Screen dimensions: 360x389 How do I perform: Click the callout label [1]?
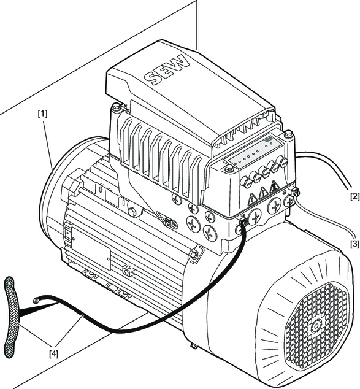pyautogui.click(x=42, y=114)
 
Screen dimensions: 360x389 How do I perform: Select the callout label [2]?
pyautogui.click(x=355, y=196)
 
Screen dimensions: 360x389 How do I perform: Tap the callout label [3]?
pyautogui.click(x=355, y=244)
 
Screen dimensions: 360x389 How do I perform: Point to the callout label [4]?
pyautogui.click(x=54, y=354)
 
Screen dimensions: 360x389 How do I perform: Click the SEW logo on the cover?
pyautogui.click(x=167, y=70)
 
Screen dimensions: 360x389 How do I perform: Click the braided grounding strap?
pyautogui.click(x=12, y=315)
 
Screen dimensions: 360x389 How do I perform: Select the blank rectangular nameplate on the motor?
pyautogui.click(x=91, y=248)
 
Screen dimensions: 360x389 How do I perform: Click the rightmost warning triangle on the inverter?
pyautogui.click(x=274, y=187)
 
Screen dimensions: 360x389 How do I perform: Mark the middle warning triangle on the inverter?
pyautogui.click(x=263, y=193)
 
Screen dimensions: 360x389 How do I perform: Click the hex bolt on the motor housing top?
pyautogui.click(x=132, y=211)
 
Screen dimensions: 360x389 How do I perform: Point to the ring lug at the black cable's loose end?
pyautogui.click(x=36, y=301)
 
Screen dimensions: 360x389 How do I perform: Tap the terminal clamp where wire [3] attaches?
pyautogui.click(x=295, y=192)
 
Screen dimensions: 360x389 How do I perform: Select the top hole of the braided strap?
pyautogui.click(x=10, y=282)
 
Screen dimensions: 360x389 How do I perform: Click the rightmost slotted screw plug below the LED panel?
pyautogui.click(x=284, y=161)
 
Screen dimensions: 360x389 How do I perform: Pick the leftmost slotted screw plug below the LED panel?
pyautogui.click(x=246, y=182)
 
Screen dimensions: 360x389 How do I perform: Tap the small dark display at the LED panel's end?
pyautogui.click(x=267, y=140)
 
